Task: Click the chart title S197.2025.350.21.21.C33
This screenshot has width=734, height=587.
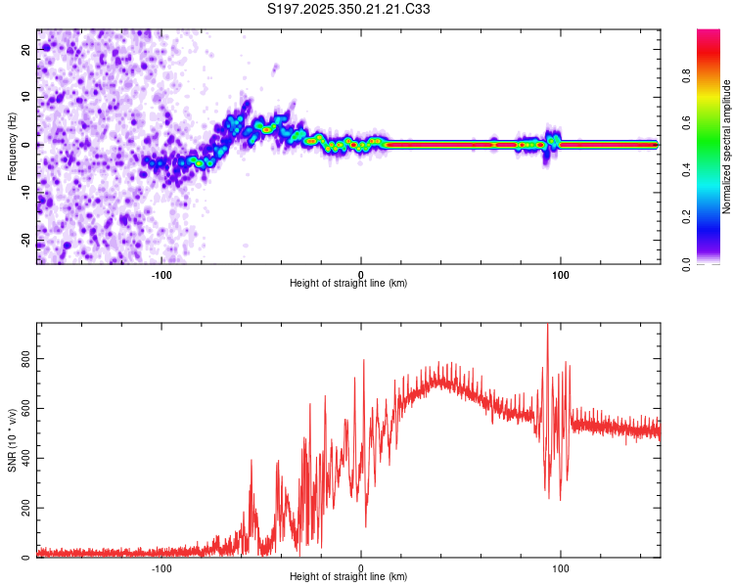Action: [x=349, y=10]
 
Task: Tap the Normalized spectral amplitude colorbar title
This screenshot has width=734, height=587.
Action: [x=727, y=147]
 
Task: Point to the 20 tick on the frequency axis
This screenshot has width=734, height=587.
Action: [x=26, y=49]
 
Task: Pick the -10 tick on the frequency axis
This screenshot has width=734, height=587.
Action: [x=26, y=193]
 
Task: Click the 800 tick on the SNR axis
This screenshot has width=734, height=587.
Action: [x=26, y=359]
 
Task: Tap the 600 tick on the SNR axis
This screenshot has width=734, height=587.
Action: [x=26, y=409]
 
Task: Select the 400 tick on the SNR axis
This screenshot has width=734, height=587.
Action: [x=26, y=459]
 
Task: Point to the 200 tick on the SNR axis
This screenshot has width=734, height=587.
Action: [x=26, y=509]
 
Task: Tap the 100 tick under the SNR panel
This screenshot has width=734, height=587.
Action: [x=561, y=567]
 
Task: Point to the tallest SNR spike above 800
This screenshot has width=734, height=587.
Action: [x=547, y=328]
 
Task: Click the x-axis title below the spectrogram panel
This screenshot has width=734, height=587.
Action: [x=348, y=284]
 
